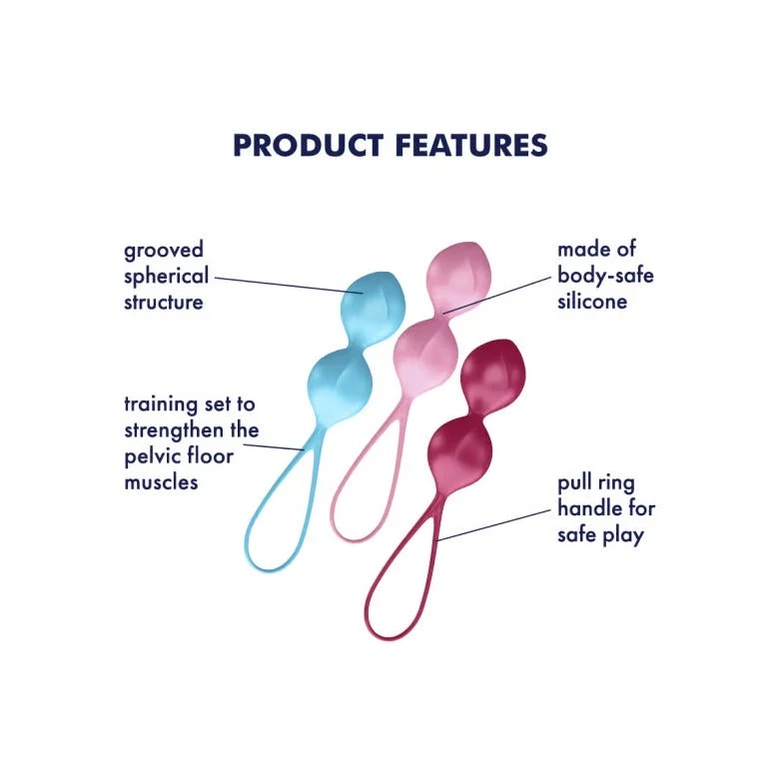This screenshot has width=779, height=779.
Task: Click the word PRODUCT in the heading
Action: [x=308, y=145]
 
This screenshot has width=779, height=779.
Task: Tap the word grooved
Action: [x=164, y=251]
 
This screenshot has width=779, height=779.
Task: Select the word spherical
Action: [x=167, y=277]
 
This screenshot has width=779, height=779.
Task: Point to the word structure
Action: [x=164, y=302]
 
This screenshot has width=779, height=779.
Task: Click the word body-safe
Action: [x=605, y=276]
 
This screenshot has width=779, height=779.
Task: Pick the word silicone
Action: [x=592, y=301]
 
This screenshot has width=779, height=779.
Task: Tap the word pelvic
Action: [x=153, y=456]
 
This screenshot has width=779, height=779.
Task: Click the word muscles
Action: [x=161, y=482]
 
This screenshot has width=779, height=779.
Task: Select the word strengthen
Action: [x=174, y=430]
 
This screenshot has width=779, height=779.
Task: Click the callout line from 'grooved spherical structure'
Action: [x=289, y=286]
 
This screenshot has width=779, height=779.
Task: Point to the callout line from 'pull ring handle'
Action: [x=493, y=524]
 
